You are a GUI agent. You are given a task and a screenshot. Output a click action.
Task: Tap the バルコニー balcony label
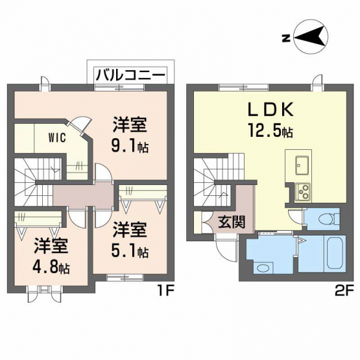[x=130, y=75]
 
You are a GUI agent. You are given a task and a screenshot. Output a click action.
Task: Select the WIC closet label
[x=57, y=138]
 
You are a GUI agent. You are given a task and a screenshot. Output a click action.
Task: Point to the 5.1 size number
[x=125, y=251]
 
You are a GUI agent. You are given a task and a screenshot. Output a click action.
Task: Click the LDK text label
[x=270, y=110]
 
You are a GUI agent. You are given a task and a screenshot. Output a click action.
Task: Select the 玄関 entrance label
[x=232, y=222]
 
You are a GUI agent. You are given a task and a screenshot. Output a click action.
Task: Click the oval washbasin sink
[x=263, y=268]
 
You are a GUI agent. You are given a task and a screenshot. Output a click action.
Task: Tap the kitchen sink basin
[x=302, y=165]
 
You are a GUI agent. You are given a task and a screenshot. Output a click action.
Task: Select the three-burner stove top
[x=303, y=193]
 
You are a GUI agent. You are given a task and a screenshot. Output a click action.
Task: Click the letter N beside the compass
[x=285, y=38]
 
